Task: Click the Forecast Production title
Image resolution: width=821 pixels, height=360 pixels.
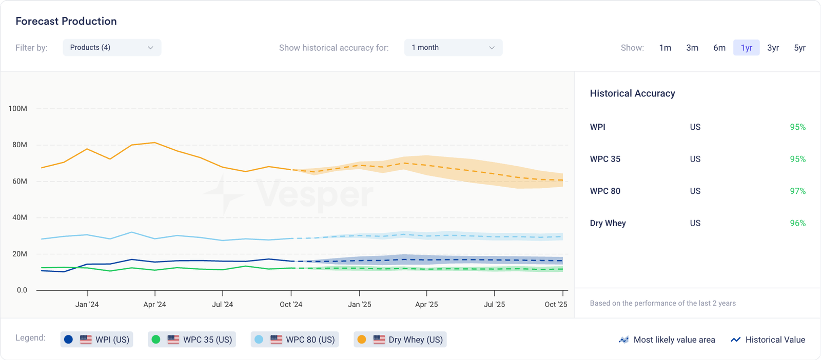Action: pyautogui.click(x=66, y=21)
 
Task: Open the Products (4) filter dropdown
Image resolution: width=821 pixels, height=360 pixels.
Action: pyautogui.click(x=112, y=48)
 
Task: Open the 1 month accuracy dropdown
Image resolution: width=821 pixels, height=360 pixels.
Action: pyautogui.click(x=453, y=48)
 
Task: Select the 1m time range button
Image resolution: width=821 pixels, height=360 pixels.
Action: pyautogui.click(x=665, y=48)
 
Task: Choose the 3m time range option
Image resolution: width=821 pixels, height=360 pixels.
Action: pyautogui.click(x=692, y=48)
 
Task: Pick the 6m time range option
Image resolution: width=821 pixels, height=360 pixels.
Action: pyautogui.click(x=719, y=48)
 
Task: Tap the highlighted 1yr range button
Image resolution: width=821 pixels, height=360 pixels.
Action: pyautogui.click(x=746, y=48)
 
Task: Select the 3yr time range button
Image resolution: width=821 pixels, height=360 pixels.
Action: pyautogui.click(x=773, y=48)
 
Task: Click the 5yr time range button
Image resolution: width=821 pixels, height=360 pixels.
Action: pyautogui.click(x=799, y=48)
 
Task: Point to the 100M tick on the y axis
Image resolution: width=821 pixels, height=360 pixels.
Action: pyautogui.click(x=18, y=109)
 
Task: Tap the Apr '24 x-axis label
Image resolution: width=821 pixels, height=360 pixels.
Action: pyautogui.click(x=154, y=305)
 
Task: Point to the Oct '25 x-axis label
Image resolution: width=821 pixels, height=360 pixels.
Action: pyautogui.click(x=556, y=305)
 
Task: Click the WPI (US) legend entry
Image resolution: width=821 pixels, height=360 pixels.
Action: pyautogui.click(x=97, y=339)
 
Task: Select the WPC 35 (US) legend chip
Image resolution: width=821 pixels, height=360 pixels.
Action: pyautogui.click(x=192, y=339)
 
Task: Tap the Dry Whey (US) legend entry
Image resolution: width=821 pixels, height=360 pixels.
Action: pyautogui.click(x=400, y=339)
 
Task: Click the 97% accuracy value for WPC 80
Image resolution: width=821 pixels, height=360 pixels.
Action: pyautogui.click(x=797, y=191)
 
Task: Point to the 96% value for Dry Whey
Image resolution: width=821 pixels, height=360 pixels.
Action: pyautogui.click(x=797, y=223)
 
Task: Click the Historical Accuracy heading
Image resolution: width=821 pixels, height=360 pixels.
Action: pyautogui.click(x=632, y=93)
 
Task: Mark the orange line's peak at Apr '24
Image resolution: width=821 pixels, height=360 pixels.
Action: pyautogui.click(x=154, y=143)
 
